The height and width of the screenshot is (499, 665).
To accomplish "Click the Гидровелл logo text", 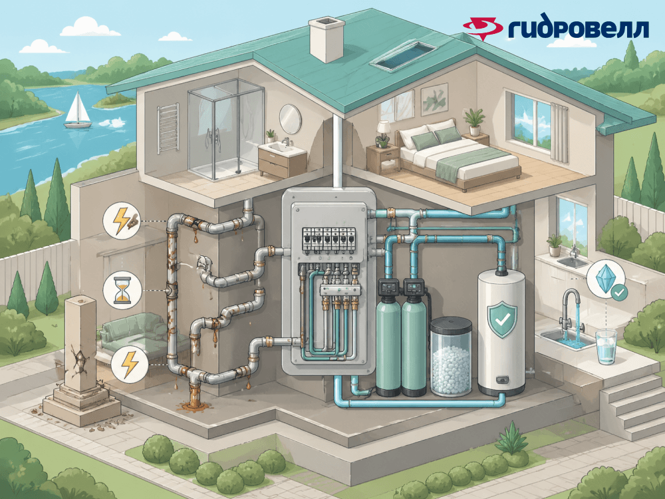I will pyautogui.click(x=577, y=29).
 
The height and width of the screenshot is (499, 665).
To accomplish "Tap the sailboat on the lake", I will pyautogui.click(x=78, y=111).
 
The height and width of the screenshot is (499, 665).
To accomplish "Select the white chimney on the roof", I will pyautogui.click(x=327, y=40).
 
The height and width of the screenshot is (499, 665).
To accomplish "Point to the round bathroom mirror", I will pyautogui.click(x=290, y=118).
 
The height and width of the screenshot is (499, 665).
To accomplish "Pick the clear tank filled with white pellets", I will pyautogui.click(x=452, y=357).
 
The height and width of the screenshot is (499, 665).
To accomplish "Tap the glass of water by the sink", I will pyautogui.click(x=606, y=347).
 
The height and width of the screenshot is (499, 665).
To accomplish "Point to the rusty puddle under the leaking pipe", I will pyautogui.click(x=194, y=401).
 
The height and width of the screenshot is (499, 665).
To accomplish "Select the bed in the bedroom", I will pyautogui.click(x=459, y=157).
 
